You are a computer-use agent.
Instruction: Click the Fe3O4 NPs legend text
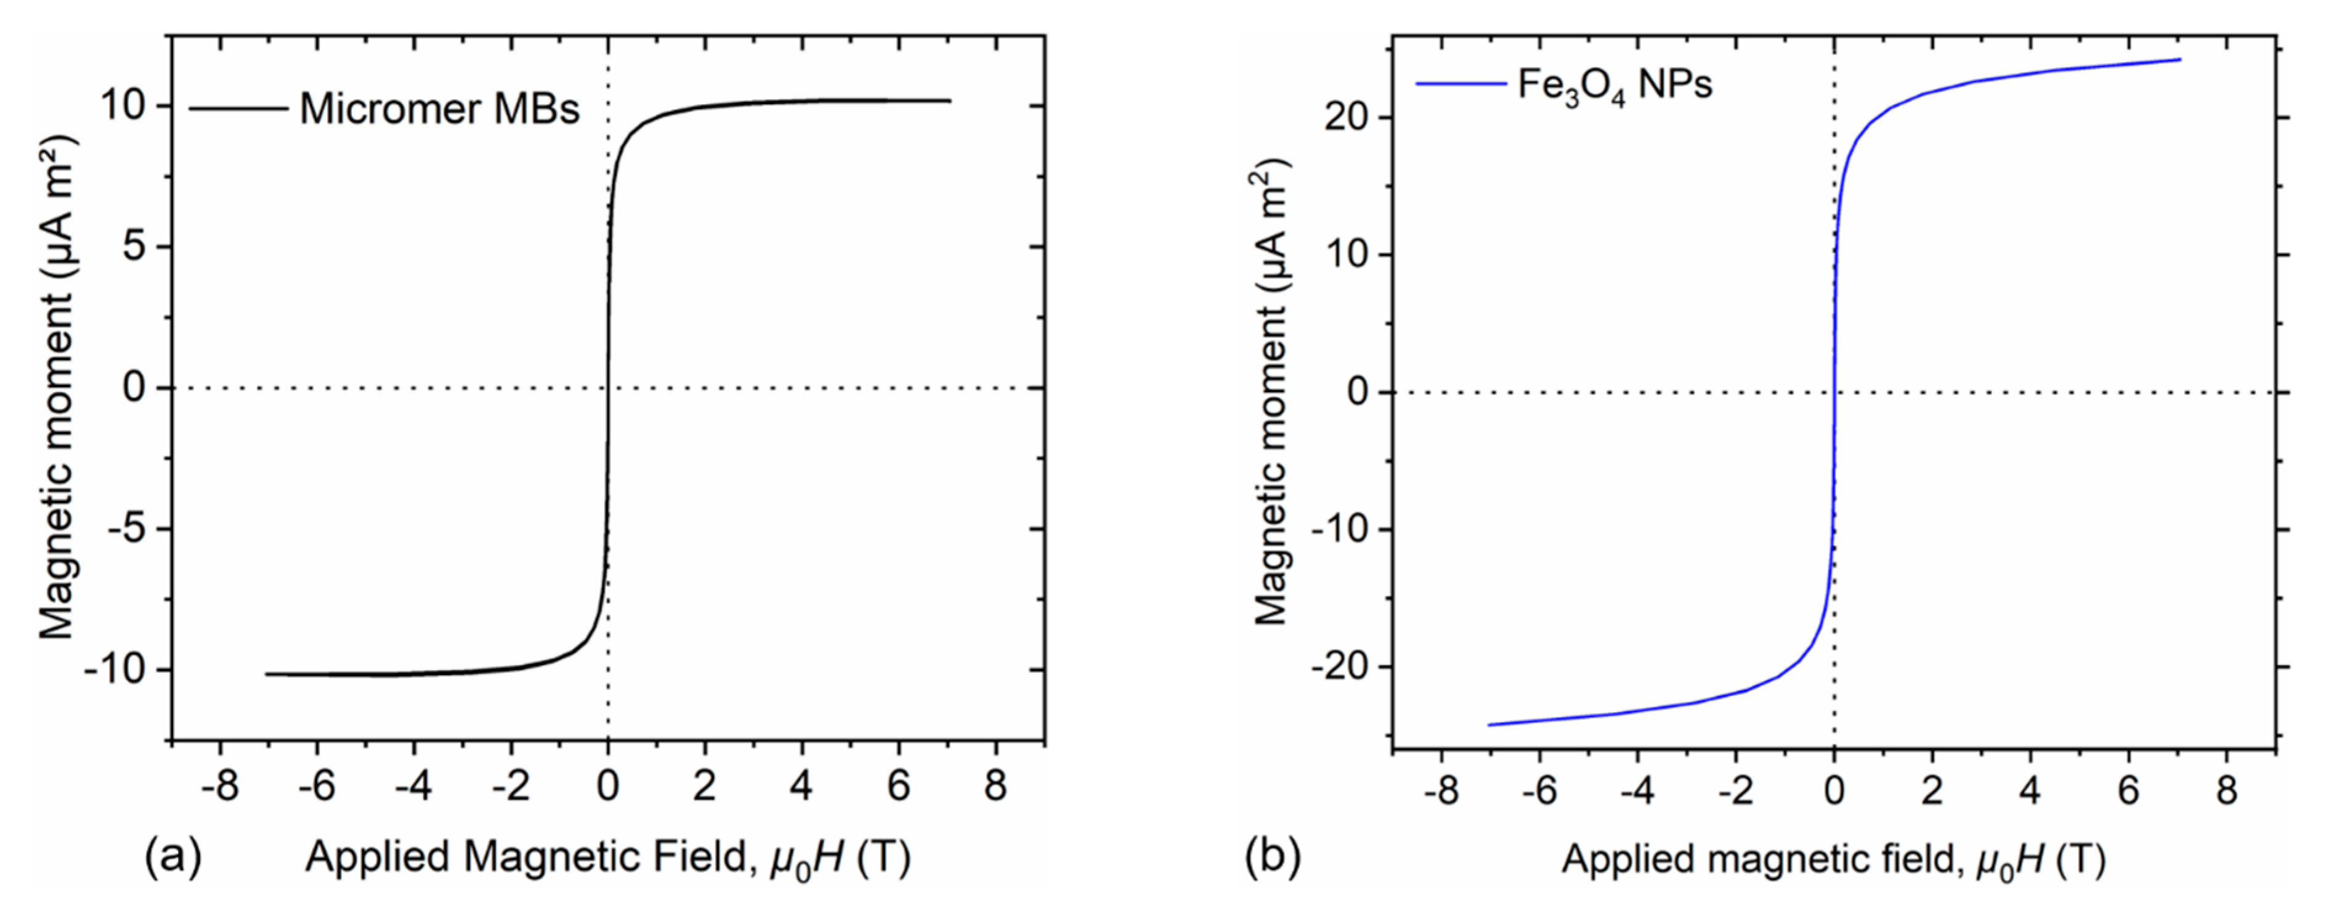point(1615,85)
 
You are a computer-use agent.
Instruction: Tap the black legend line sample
point(238,109)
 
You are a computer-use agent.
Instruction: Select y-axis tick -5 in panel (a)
point(126,528)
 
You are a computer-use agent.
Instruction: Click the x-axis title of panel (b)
point(1833,859)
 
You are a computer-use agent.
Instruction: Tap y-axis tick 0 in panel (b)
point(1357,392)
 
